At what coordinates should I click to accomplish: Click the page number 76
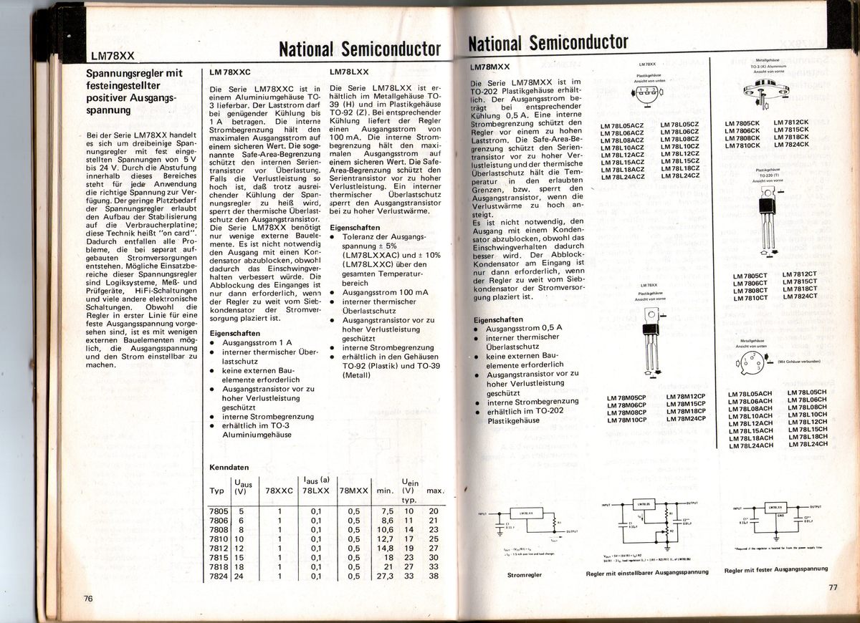click(88, 599)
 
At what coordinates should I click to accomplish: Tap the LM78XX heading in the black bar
click(113, 56)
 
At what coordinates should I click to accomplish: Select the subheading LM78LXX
click(349, 73)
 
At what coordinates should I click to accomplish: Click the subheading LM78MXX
click(491, 67)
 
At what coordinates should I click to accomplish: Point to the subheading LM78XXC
click(230, 73)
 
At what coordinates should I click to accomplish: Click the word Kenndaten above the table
click(227, 467)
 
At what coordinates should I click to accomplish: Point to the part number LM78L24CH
click(807, 444)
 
